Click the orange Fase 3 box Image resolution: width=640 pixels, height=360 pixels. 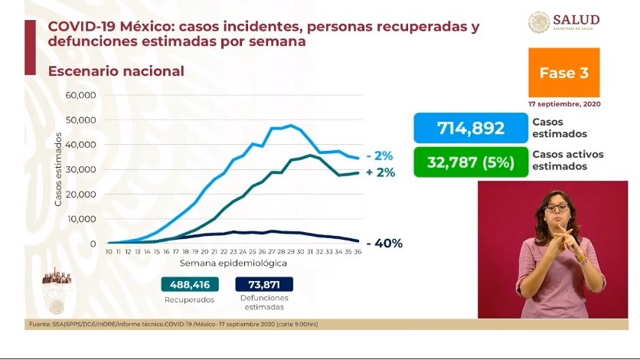563,73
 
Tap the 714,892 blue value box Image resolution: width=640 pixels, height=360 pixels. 470,128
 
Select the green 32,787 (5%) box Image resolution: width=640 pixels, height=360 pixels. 470,162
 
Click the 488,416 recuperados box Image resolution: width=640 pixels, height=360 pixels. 190,284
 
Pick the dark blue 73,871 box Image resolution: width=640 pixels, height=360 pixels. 264,284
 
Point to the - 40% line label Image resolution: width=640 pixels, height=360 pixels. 384,244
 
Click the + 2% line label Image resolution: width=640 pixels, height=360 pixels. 380,173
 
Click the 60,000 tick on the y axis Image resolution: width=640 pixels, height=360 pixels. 80,95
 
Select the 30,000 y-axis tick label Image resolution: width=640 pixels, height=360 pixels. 80,169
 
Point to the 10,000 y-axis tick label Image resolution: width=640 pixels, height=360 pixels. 80,219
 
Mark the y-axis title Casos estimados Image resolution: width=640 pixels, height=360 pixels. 58,170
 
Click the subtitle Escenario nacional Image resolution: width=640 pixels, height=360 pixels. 116,71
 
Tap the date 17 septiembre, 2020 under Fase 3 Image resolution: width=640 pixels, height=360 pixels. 563,103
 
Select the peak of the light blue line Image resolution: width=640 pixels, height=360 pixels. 292,125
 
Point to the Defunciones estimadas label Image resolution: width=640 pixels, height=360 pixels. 264,302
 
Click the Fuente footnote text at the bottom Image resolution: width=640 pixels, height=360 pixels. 172,324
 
